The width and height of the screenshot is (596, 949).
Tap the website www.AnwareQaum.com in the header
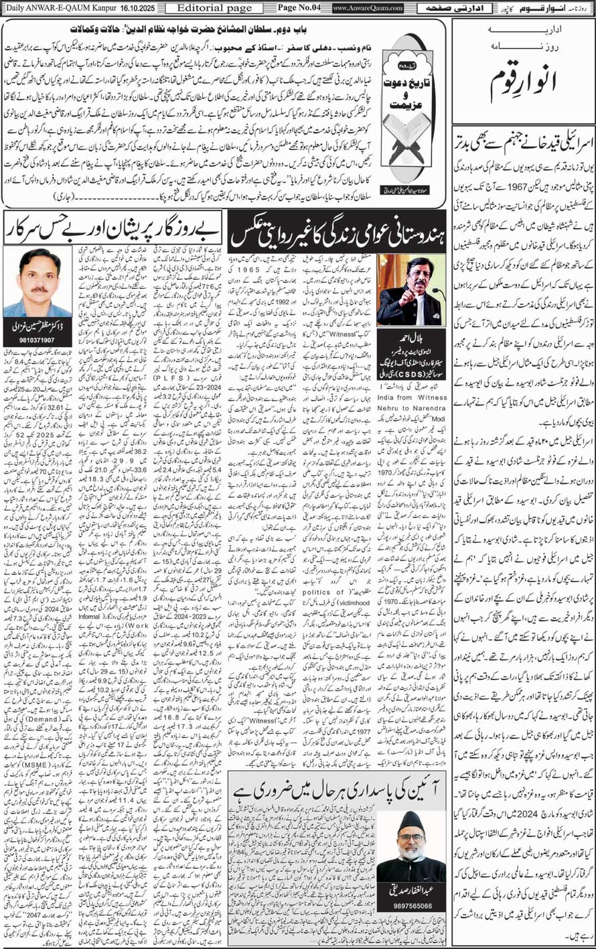(368, 8)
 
